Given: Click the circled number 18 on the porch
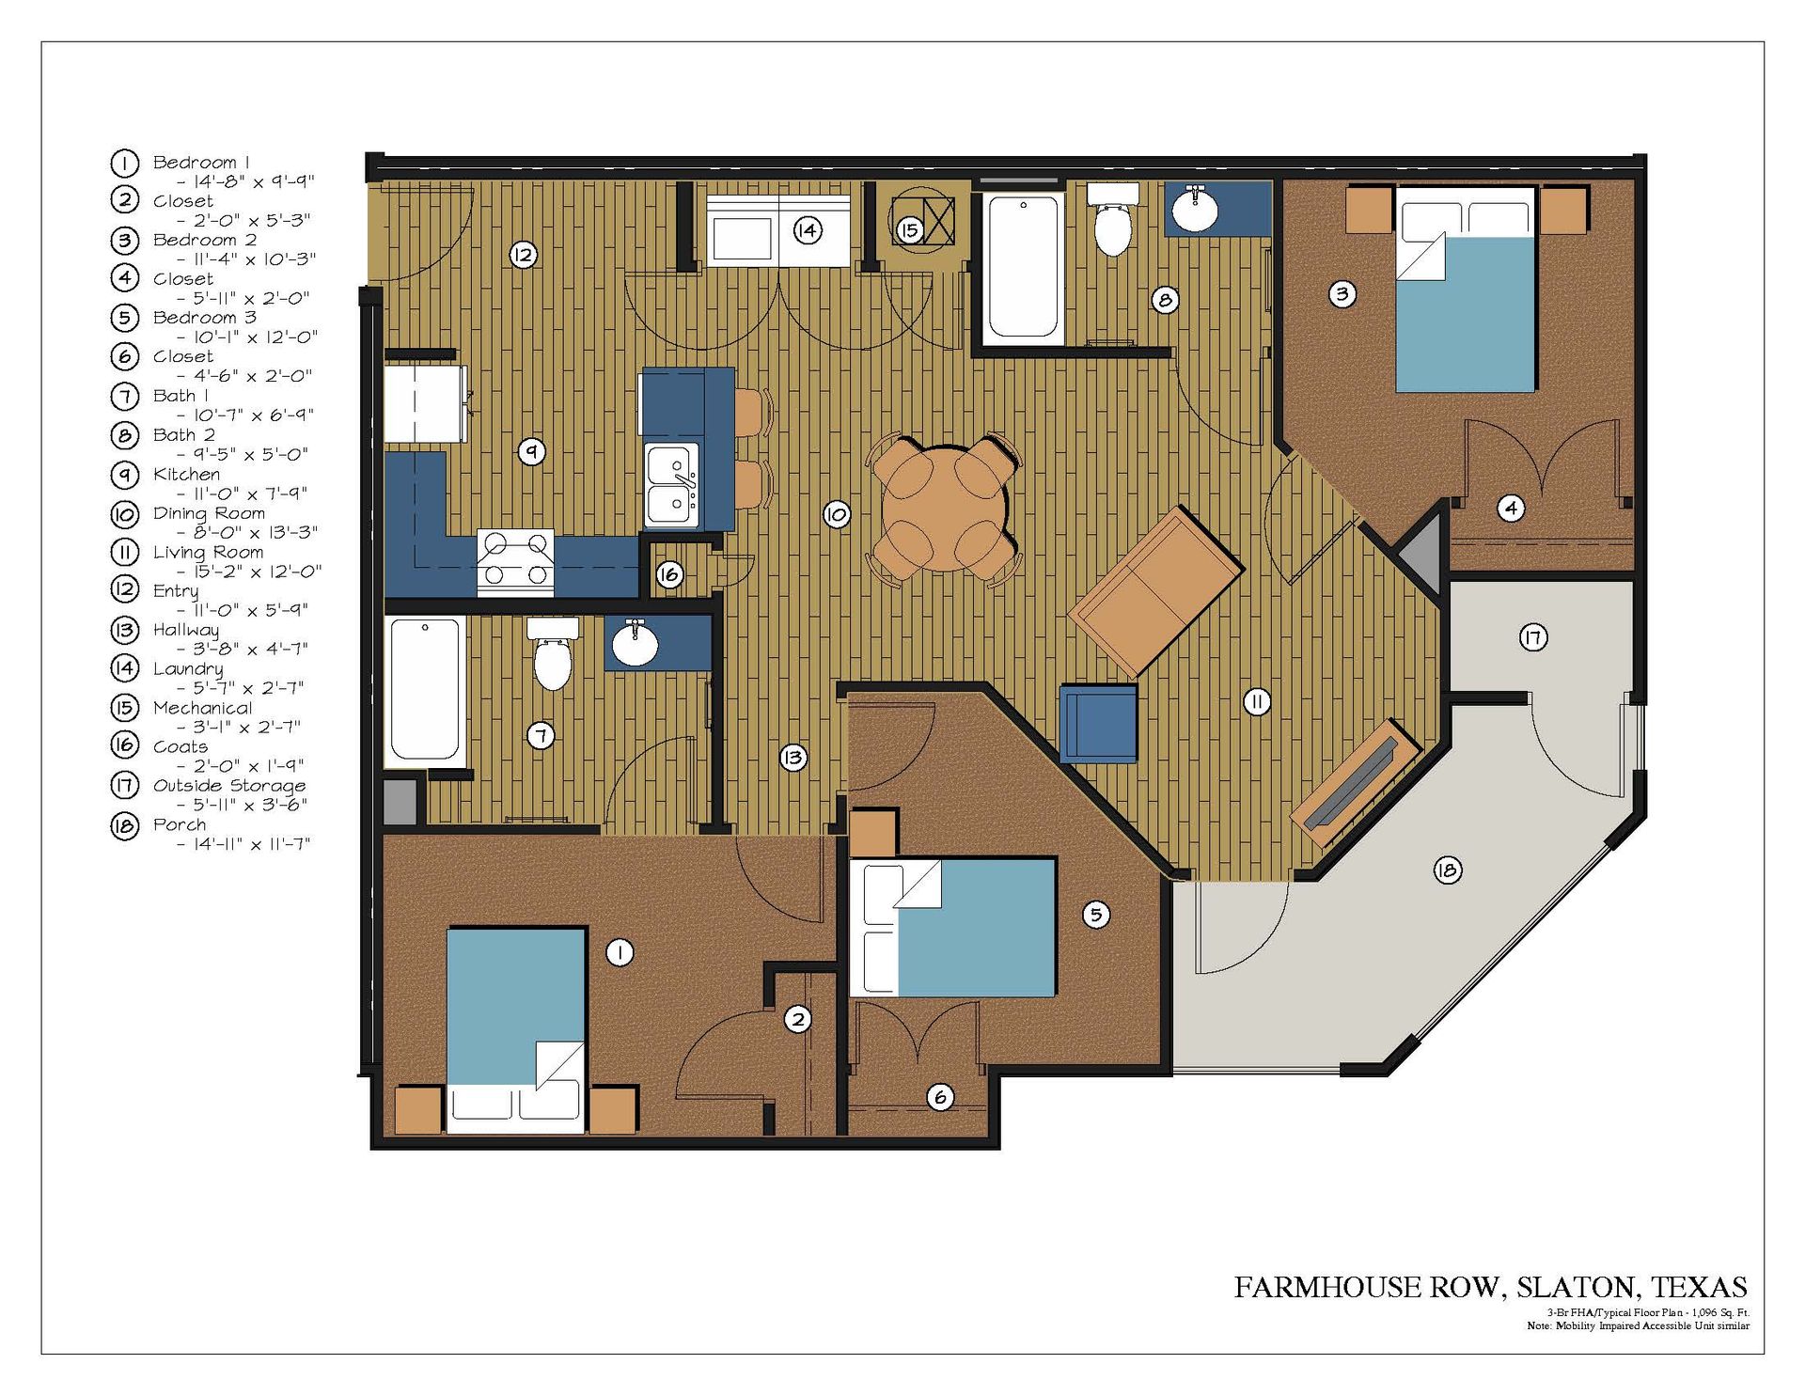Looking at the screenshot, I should pyautogui.click(x=1446, y=870).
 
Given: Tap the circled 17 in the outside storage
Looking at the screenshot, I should pyautogui.click(x=1532, y=638).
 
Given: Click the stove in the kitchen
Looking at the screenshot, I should pyautogui.click(x=515, y=562).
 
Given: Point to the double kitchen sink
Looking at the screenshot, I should pyautogui.click(x=671, y=486).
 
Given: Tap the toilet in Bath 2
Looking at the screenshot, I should pyautogui.click(x=1113, y=226).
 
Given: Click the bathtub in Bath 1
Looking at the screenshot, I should pyautogui.click(x=425, y=689).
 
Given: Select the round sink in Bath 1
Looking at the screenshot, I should pyautogui.click(x=635, y=645).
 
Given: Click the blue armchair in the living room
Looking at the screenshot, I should pyautogui.click(x=1098, y=722).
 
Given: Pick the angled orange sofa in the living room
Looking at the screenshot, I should pyautogui.click(x=1155, y=591).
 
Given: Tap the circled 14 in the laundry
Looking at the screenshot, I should pyautogui.click(x=808, y=230).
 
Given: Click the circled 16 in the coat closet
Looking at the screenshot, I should pyautogui.click(x=668, y=574).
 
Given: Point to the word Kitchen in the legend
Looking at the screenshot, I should pyautogui.click(x=186, y=475).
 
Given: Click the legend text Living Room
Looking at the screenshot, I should pyautogui.click(x=208, y=553).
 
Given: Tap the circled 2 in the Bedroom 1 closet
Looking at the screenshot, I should pyautogui.click(x=797, y=1019).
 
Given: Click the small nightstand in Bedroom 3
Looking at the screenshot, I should pyautogui.click(x=872, y=833).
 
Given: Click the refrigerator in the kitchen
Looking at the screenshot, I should pyautogui.click(x=425, y=404).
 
